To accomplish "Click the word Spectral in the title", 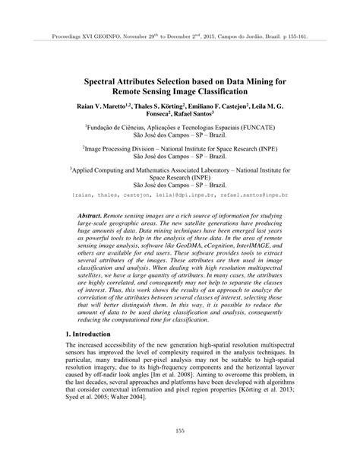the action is point(105,78).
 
